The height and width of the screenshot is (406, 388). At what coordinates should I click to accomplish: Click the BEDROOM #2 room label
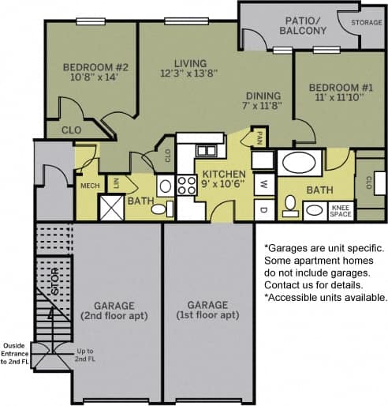(x=90, y=73)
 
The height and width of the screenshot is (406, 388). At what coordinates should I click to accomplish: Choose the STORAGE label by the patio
(x=367, y=22)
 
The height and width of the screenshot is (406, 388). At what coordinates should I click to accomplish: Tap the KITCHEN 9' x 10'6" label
(x=223, y=179)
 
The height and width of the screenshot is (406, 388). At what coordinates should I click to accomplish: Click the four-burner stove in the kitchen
(x=186, y=186)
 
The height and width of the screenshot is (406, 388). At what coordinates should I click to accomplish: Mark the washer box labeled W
(x=263, y=184)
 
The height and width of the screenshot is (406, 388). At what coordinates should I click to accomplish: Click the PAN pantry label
(x=259, y=139)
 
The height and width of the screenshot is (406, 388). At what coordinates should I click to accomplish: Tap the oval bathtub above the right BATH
(x=299, y=164)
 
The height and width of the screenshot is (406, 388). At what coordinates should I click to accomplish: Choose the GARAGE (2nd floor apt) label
(x=114, y=310)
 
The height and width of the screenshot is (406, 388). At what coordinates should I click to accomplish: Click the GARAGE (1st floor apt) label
(x=208, y=310)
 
